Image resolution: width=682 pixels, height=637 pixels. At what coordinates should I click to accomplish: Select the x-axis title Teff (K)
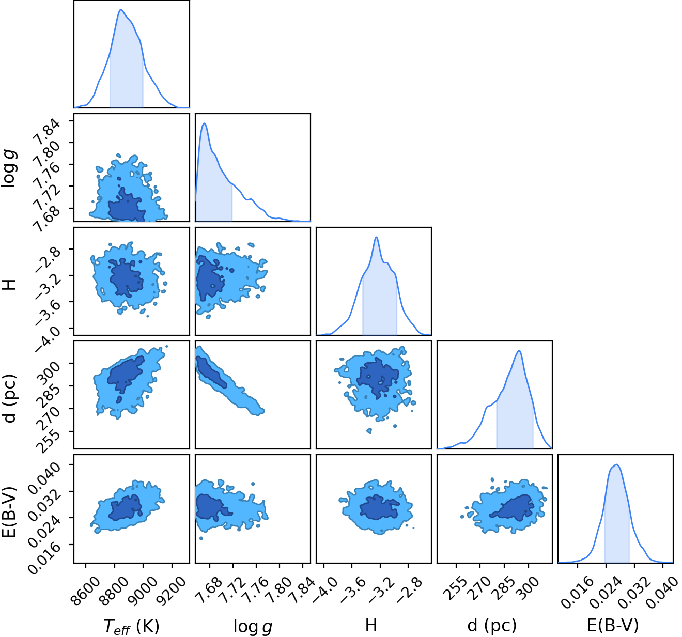click(x=131, y=626)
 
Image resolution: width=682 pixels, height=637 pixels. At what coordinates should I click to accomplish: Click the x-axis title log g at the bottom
click(x=253, y=626)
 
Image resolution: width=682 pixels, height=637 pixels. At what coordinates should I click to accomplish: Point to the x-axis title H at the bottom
click(x=371, y=625)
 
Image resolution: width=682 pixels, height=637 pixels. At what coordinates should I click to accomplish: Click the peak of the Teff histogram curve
click(x=121, y=10)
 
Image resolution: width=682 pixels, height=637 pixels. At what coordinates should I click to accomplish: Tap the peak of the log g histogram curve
click(x=204, y=123)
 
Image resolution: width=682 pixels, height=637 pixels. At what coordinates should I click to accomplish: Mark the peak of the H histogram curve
click(x=376, y=237)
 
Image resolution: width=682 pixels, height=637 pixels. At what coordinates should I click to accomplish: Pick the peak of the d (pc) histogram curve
click(x=519, y=351)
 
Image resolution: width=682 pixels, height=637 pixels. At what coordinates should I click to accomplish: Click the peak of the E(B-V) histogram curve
click(x=617, y=464)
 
